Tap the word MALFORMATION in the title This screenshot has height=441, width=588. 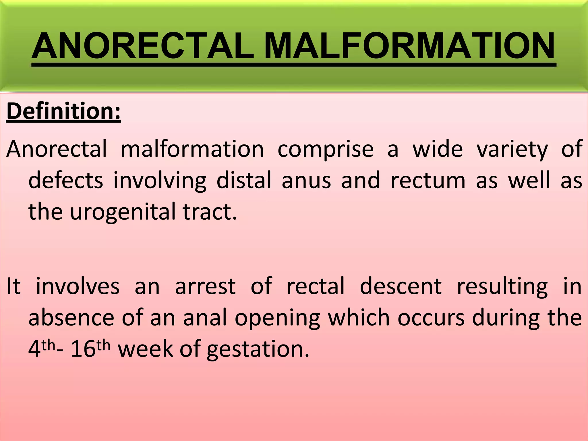point(409,46)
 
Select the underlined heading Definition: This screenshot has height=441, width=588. point(64,111)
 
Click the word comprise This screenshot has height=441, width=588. point(326,150)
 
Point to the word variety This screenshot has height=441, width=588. point(512,150)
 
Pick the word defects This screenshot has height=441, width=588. point(66,180)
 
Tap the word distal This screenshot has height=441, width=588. point(244,180)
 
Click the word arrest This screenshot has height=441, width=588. point(206,286)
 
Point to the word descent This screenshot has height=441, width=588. point(401,286)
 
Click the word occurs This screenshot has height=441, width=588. point(431,318)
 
